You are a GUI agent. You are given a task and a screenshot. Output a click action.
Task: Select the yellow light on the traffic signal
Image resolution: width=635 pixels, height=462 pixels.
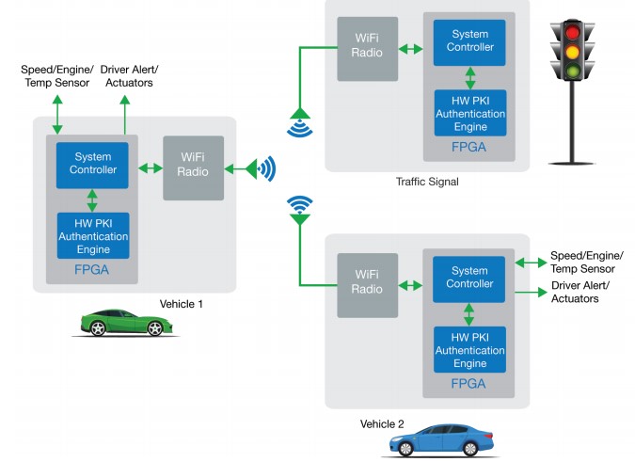571,52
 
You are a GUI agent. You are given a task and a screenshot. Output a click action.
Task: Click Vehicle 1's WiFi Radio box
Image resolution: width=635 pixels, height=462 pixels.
193,168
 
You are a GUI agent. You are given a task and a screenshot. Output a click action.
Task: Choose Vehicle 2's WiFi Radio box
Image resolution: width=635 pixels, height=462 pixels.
369,284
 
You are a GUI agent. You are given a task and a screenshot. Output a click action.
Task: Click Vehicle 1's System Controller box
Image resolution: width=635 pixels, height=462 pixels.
92,164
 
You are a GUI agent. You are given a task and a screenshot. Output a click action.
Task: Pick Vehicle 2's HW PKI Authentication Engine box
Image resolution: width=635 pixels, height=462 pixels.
469,351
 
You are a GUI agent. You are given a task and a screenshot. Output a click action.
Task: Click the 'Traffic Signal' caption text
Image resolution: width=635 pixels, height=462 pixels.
427,182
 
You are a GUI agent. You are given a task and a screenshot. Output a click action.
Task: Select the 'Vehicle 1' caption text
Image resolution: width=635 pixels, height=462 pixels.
182,303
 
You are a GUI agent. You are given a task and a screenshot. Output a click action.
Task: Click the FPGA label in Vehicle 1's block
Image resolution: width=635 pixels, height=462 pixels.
92,269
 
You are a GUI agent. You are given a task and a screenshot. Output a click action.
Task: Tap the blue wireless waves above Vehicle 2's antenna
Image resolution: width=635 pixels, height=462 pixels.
299,203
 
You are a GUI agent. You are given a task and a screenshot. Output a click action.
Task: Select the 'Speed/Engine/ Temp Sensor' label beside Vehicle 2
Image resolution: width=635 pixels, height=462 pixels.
584,261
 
